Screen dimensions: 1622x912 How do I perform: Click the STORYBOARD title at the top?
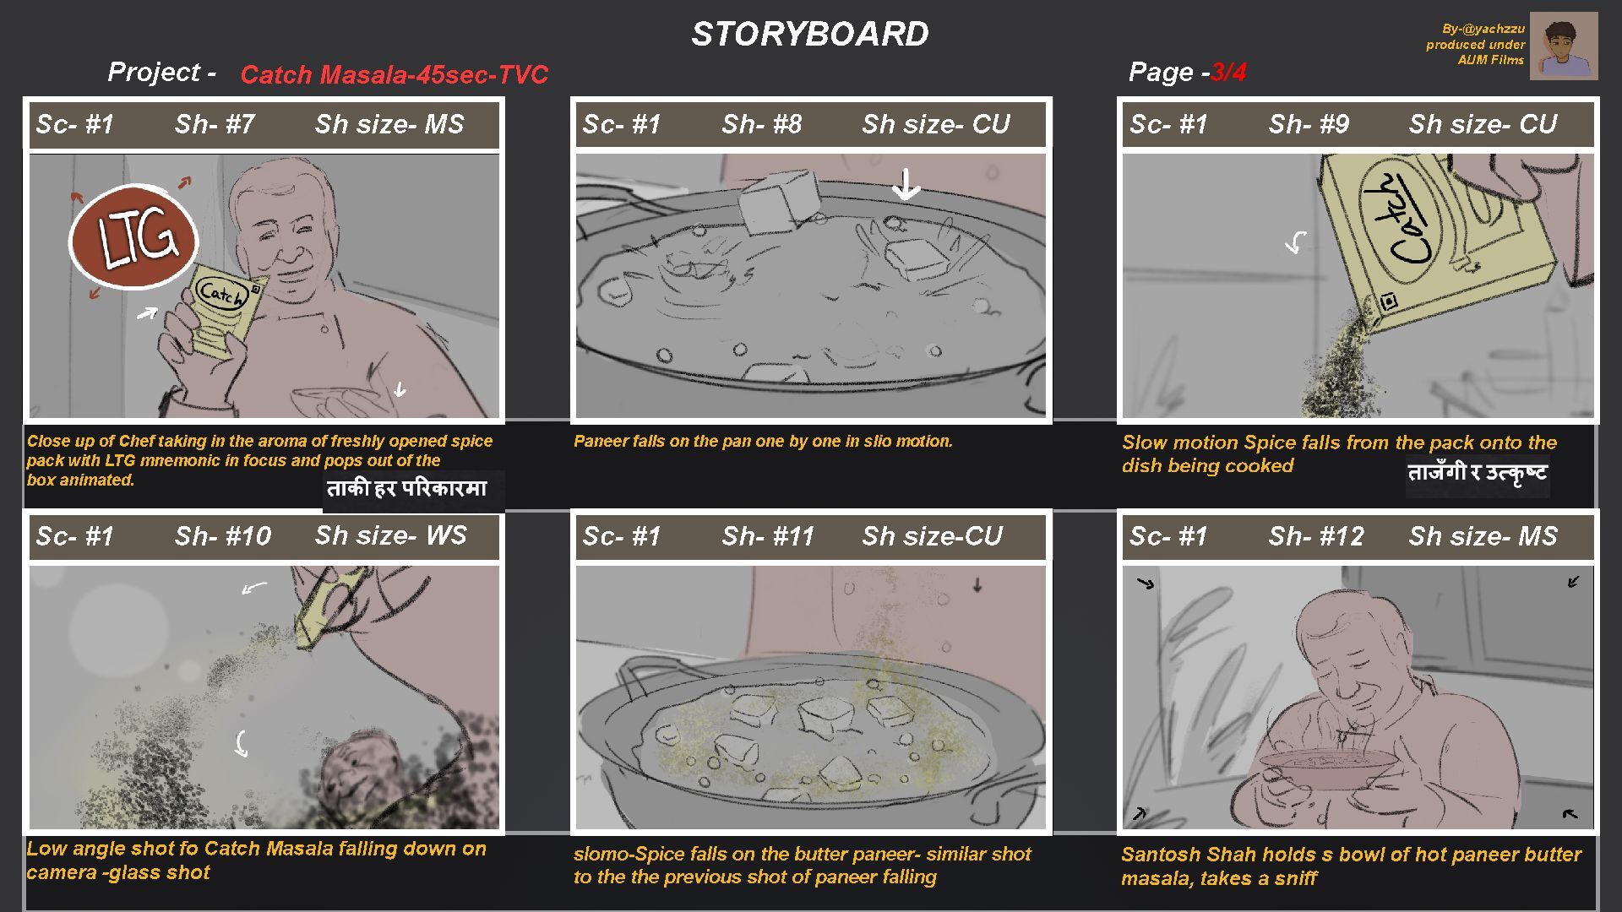click(x=810, y=34)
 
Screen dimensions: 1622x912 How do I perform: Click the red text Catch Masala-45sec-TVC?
click(x=395, y=74)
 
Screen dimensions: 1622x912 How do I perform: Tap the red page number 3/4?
click(x=1228, y=73)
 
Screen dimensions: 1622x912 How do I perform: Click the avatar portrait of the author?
click(x=1563, y=46)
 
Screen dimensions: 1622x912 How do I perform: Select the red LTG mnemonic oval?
click(x=133, y=237)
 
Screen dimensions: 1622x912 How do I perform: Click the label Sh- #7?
click(x=215, y=124)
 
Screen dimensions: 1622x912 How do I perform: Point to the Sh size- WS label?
click(x=390, y=535)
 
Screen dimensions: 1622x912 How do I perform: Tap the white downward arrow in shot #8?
click(x=906, y=184)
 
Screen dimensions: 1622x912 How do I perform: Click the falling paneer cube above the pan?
click(x=779, y=202)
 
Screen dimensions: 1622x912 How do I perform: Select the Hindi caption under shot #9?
click(x=1478, y=474)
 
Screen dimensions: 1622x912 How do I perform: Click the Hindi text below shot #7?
click(x=407, y=489)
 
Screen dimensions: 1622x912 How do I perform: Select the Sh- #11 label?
click(x=767, y=536)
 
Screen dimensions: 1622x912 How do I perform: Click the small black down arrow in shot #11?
click(x=977, y=584)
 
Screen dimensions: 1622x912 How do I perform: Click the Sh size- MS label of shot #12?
click(x=1483, y=536)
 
